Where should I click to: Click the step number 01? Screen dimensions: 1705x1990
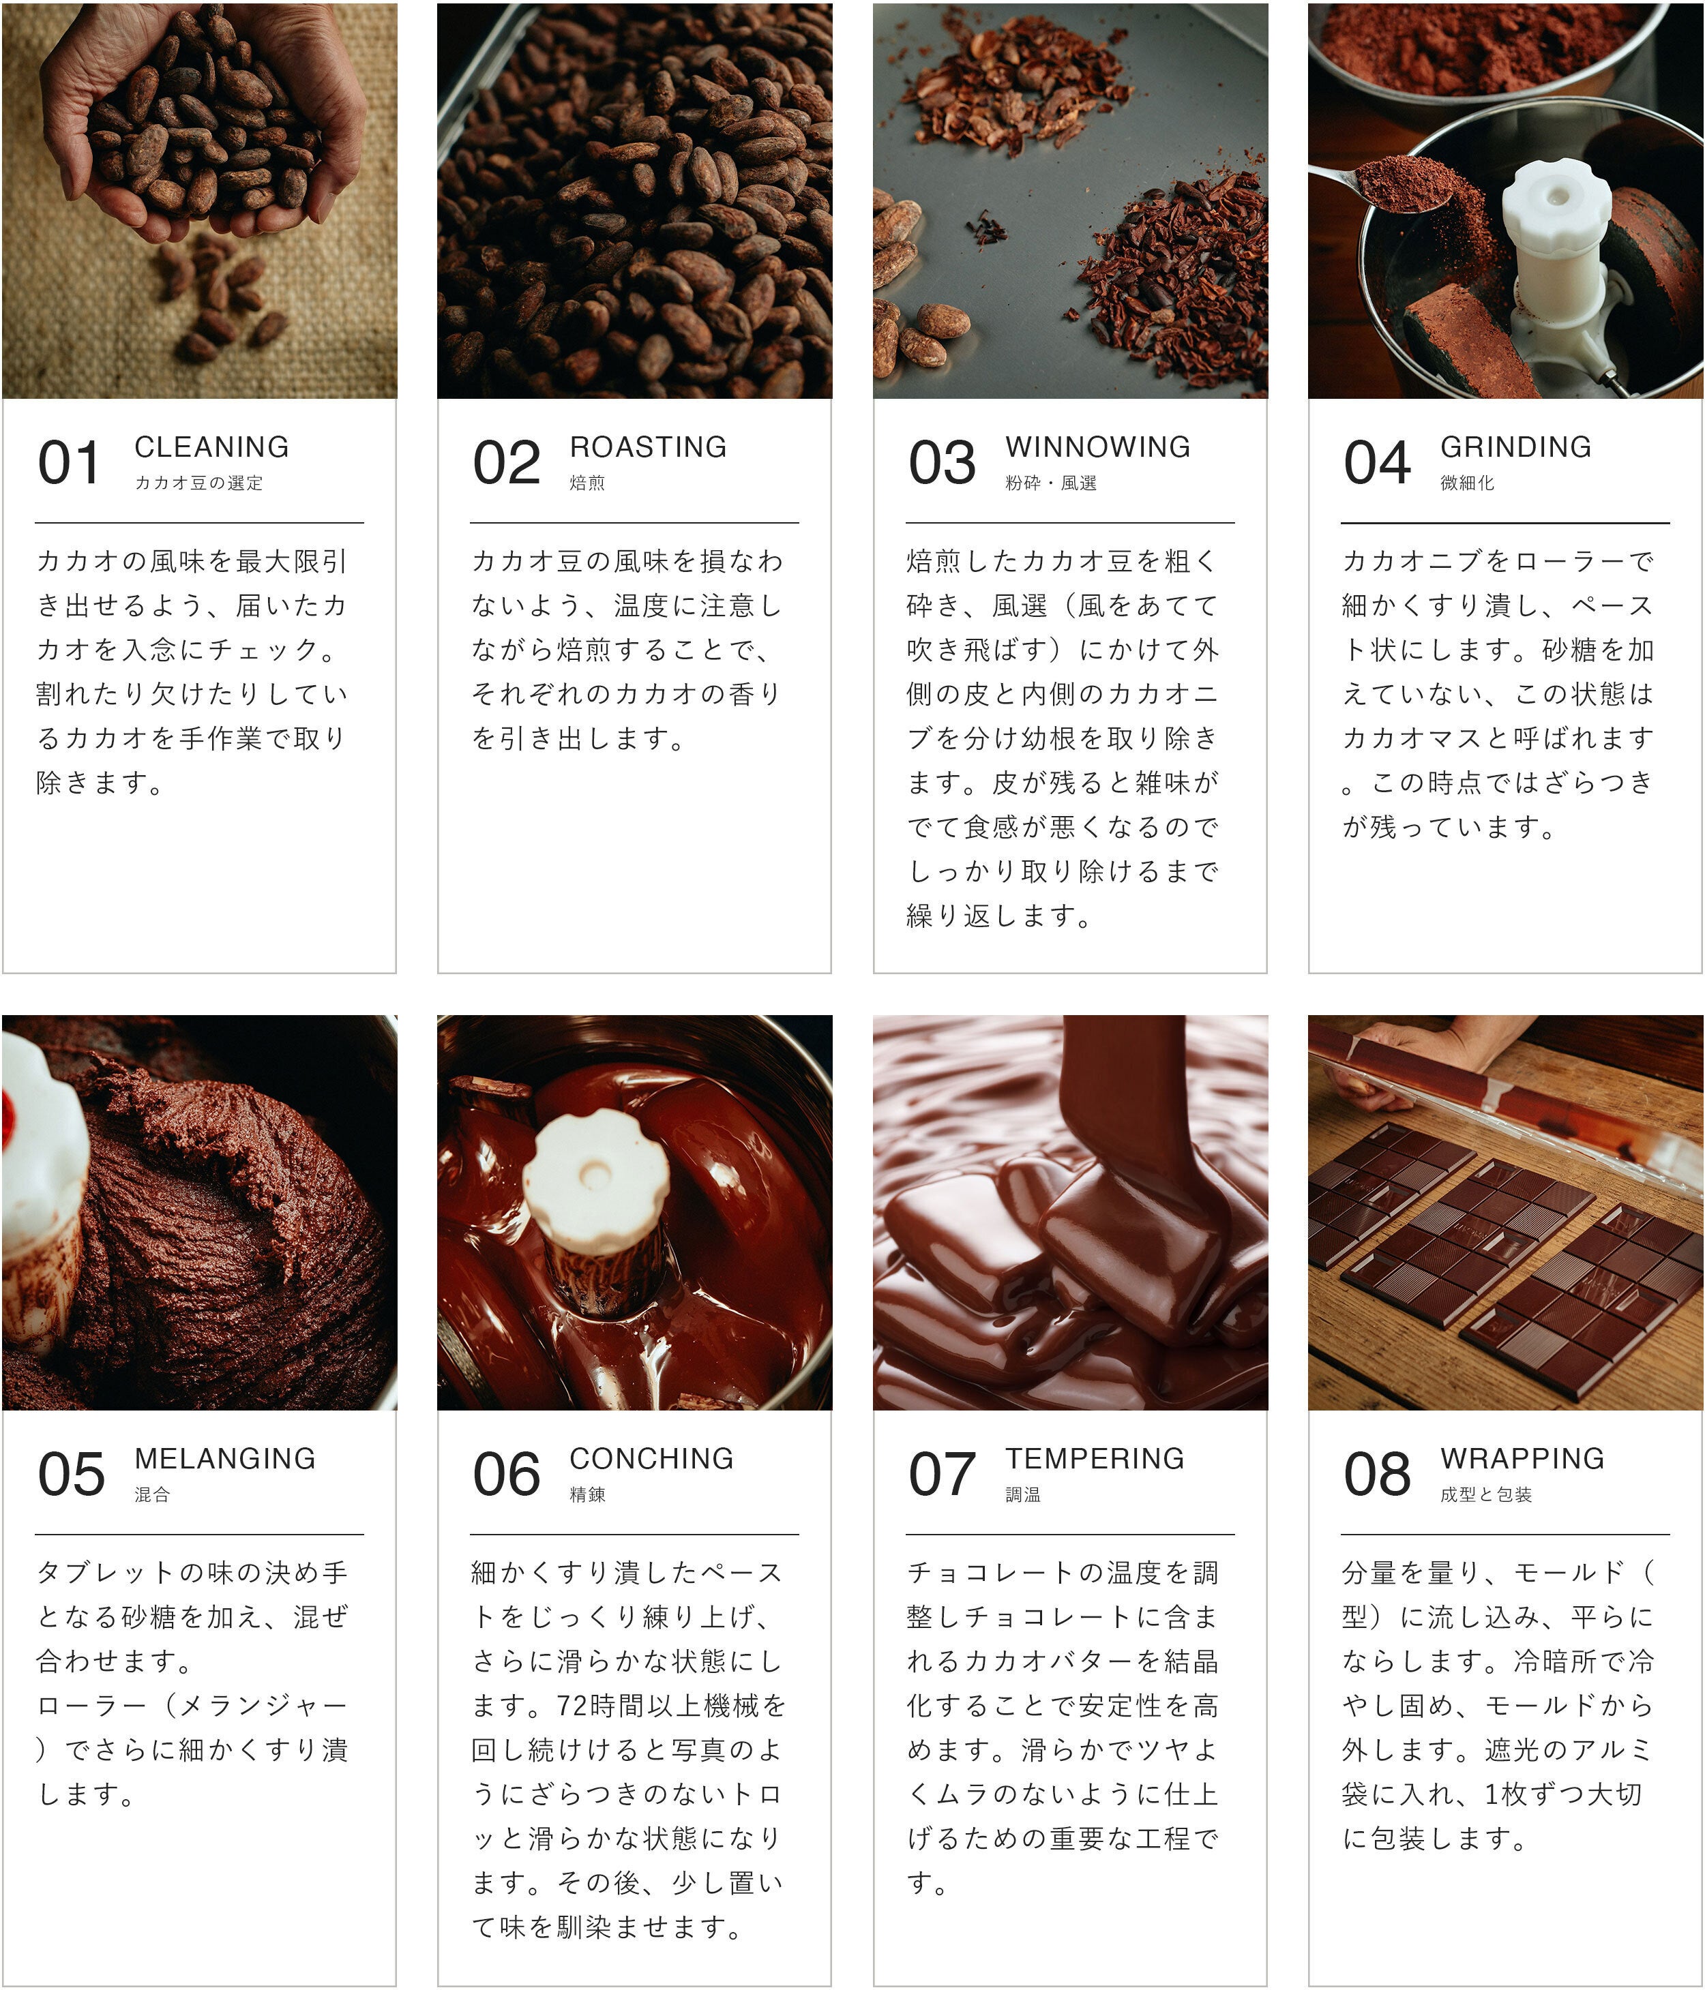tap(68, 462)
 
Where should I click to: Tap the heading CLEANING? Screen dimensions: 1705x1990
tap(211, 447)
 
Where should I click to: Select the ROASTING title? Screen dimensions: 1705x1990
tap(649, 447)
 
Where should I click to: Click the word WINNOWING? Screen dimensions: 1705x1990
tap(1098, 447)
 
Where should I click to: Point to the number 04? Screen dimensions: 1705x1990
tap(1378, 462)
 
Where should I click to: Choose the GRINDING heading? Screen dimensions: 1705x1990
tap(1516, 447)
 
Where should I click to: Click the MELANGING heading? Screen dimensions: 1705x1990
tap(225, 1458)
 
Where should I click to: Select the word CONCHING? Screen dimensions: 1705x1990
tap(651, 1458)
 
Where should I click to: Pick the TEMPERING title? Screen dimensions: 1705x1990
tap(1095, 1458)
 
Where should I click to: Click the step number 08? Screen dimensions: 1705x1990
tap(1378, 1474)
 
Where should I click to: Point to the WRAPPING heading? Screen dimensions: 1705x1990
tap(1522, 1458)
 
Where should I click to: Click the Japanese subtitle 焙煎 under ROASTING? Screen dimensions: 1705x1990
tap(587, 483)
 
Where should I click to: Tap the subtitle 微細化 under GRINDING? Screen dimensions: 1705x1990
tap(1467, 483)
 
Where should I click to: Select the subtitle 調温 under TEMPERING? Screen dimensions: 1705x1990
tap(1023, 1494)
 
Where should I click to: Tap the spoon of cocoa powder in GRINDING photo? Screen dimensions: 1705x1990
tap(1393, 183)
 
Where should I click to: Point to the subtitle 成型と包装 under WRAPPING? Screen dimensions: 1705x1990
tap(1486, 1494)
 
